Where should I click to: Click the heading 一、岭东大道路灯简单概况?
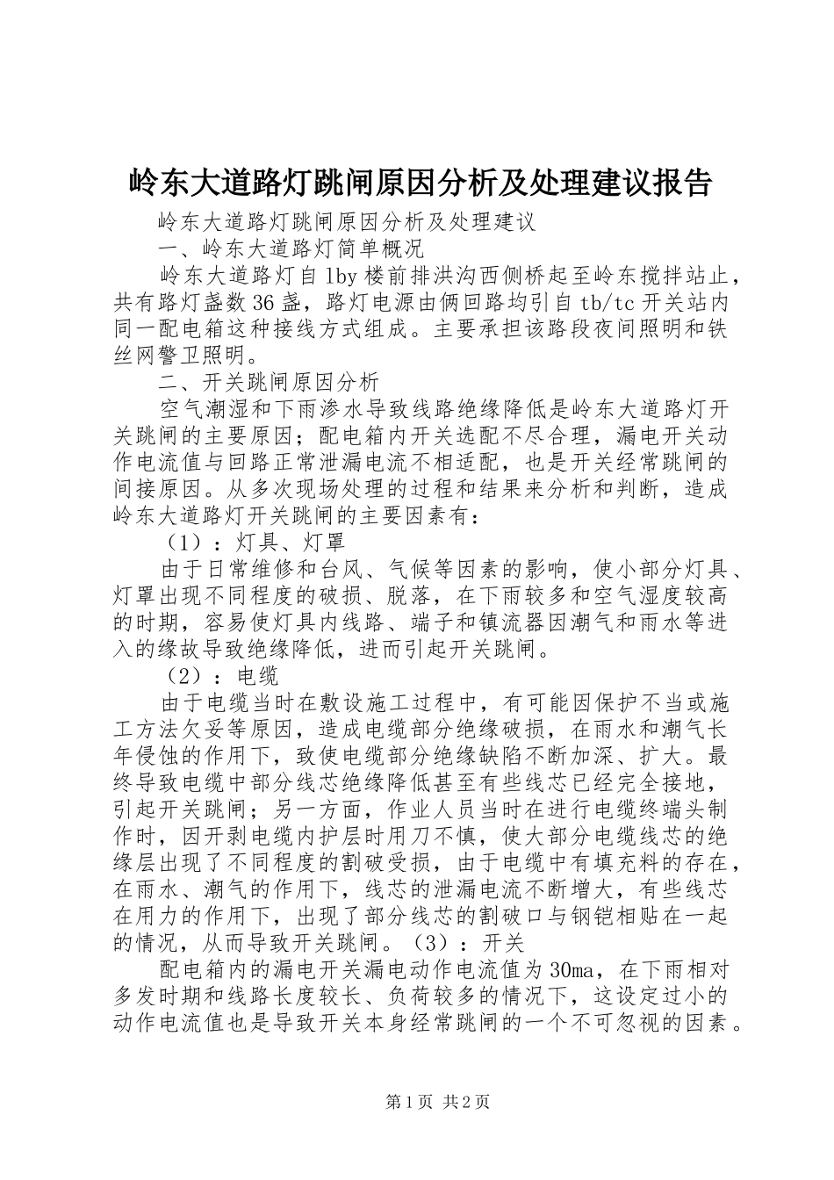point(289,248)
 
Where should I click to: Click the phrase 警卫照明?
point(197,356)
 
